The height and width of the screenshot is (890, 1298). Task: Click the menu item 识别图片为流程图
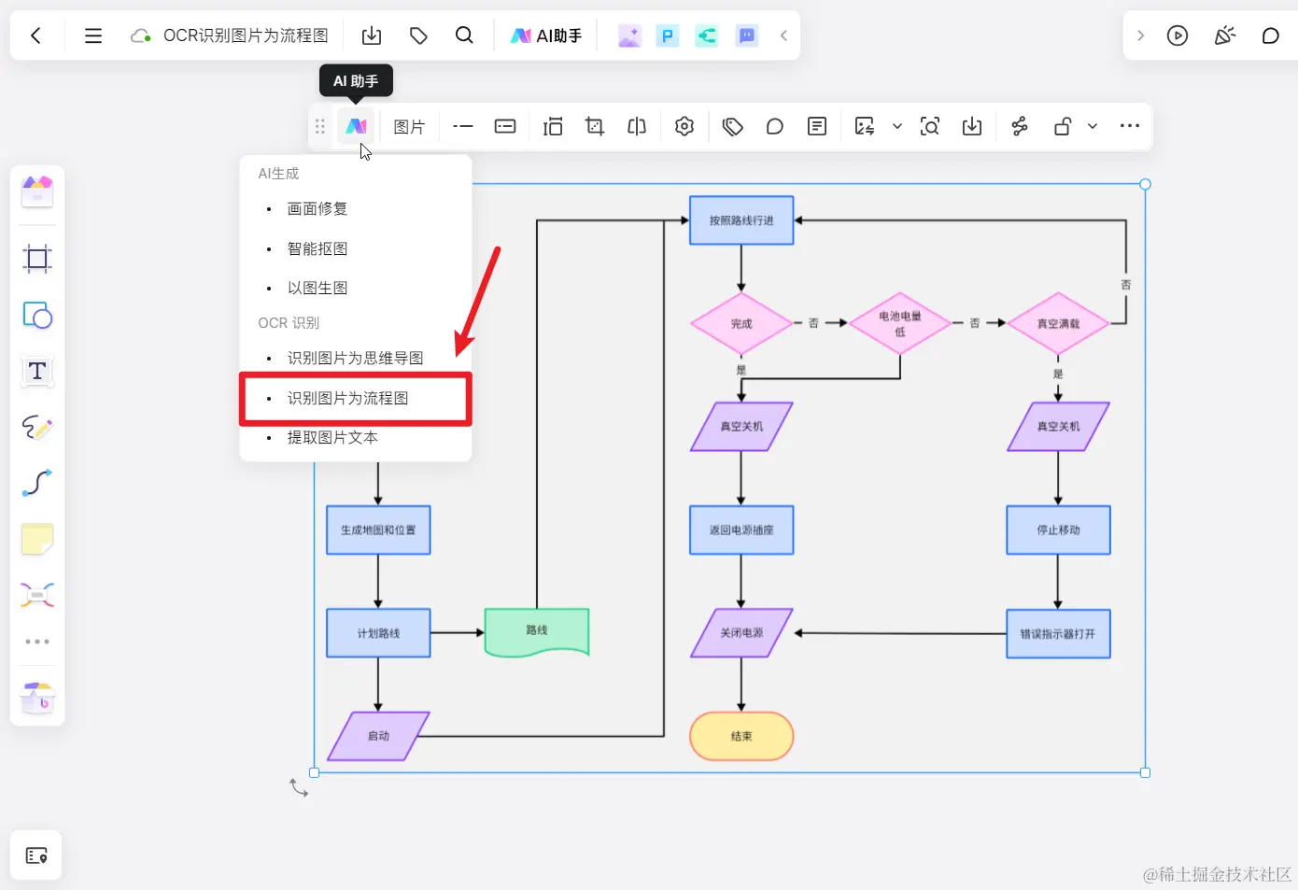(347, 399)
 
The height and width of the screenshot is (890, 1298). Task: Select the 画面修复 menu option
(317, 209)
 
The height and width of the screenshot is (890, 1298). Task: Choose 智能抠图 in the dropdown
(317, 249)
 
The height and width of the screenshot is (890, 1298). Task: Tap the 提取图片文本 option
(332, 438)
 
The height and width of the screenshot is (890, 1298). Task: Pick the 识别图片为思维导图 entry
(355, 359)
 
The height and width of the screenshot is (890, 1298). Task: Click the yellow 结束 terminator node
(741, 737)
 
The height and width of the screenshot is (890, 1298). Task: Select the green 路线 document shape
(537, 631)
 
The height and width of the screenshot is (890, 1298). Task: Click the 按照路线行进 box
(741, 220)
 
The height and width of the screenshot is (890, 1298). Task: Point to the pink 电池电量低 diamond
(899, 323)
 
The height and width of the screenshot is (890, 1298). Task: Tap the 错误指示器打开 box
(1058, 634)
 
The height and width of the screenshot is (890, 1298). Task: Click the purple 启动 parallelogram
(378, 736)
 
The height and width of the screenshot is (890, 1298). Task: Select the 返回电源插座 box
(741, 530)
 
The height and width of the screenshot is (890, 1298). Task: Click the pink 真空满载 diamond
(1058, 323)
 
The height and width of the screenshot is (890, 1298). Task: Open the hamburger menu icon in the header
(93, 35)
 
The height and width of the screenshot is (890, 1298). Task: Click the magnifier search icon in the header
(464, 35)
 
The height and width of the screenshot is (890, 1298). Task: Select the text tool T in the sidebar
(37, 371)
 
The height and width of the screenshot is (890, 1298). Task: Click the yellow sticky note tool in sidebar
(37, 539)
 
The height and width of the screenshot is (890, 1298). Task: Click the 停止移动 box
(1058, 530)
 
